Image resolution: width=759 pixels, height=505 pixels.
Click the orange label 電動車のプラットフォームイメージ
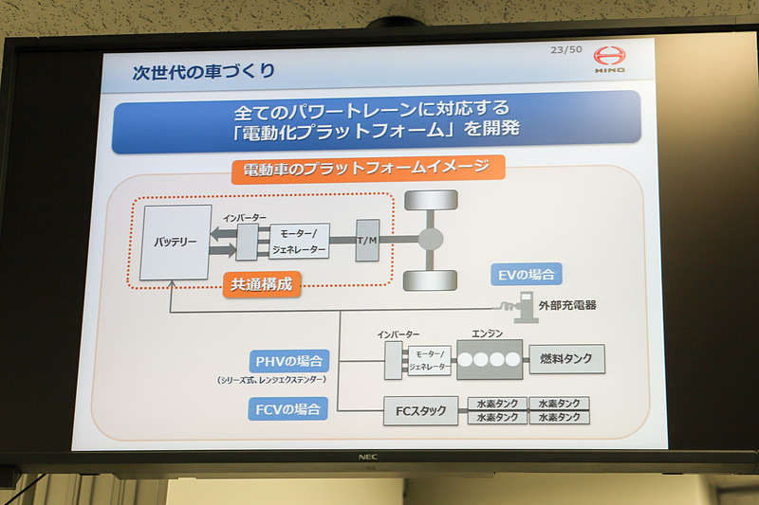[x=367, y=170]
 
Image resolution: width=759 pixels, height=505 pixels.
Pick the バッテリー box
[x=176, y=242]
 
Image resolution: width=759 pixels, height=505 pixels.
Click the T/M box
[x=367, y=240]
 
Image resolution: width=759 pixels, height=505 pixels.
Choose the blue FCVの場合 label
[x=290, y=408]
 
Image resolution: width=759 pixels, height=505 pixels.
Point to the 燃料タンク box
[x=565, y=359]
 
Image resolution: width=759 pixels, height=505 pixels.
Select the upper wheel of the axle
[x=431, y=200]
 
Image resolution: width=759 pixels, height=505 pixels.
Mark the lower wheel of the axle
[x=431, y=280]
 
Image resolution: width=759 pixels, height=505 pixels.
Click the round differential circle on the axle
[x=431, y=240]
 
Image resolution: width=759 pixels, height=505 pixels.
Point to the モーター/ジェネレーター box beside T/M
[x=299, y=242]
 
